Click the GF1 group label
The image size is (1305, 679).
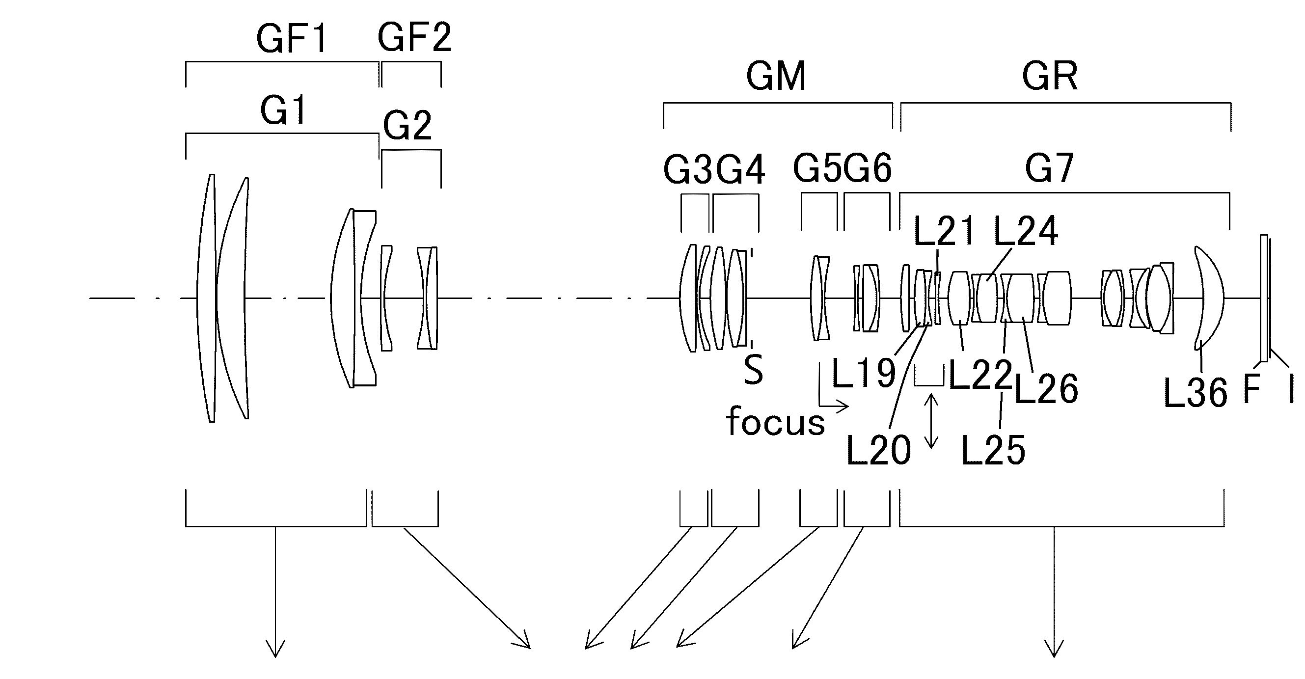point(292,39)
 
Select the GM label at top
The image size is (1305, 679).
point(776,77)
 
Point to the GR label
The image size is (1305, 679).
point(1050,76)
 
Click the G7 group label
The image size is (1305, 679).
point(1049,168)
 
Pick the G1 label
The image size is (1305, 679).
point(283,110)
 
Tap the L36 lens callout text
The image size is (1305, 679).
point(1196,393)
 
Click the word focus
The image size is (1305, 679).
point(775,421)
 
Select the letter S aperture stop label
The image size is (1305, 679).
point(753,369)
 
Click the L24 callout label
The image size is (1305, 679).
point(1026,231)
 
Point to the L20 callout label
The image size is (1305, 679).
point(879,450)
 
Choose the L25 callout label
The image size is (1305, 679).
point(993,450)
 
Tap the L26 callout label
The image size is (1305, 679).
point(1046,389)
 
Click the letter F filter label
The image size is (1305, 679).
point(1252,389)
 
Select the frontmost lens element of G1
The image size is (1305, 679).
point(206,298)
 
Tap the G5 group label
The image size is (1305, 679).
point(816,168)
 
